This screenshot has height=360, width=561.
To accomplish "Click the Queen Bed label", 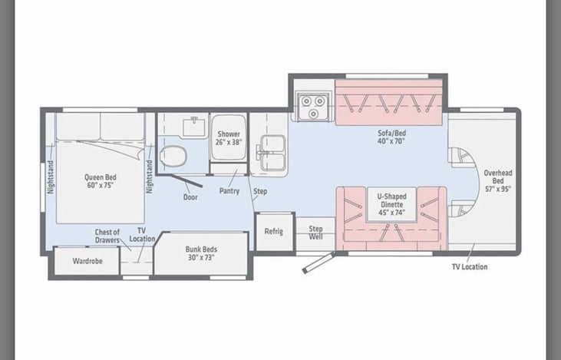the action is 101,181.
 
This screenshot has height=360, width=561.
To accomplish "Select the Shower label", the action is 229,137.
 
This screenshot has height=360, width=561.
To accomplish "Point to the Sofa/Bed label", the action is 391,137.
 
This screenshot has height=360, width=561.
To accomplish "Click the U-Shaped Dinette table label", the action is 391,204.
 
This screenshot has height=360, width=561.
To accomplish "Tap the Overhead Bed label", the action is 498,180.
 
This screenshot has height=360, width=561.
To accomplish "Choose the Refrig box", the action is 275,232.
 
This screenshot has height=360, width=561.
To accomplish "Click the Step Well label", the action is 315,233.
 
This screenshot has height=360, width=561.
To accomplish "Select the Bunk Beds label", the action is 201,253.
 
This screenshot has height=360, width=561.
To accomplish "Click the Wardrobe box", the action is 87,261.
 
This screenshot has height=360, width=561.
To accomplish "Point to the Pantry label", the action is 229,191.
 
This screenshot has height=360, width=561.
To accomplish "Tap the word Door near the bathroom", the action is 190,197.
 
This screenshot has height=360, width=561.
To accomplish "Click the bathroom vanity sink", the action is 194,127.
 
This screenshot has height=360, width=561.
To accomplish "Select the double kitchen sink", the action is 272,153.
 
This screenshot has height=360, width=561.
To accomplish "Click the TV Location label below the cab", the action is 470,267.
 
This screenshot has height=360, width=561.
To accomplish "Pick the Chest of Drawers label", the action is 107,236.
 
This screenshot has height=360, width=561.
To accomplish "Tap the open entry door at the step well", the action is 318,263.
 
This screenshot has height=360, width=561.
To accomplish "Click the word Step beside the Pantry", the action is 260,191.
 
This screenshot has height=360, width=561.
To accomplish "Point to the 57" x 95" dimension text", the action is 498,189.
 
